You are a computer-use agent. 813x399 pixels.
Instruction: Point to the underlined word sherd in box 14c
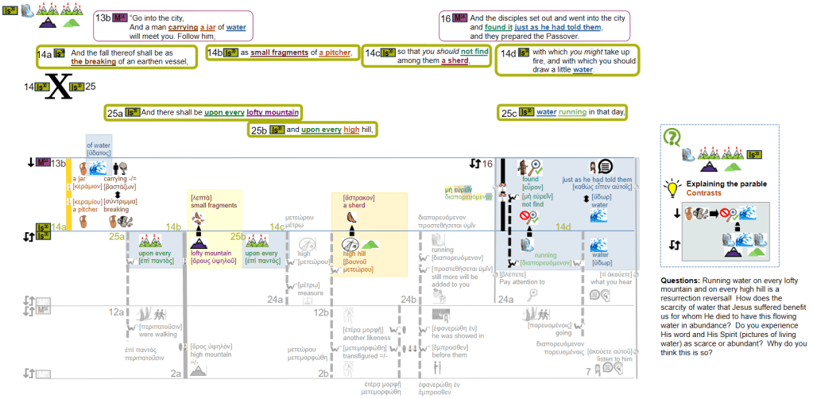point(454,60)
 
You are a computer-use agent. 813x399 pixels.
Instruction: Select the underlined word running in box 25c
point(573,113)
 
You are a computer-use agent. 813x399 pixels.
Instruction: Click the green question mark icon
point(672,137)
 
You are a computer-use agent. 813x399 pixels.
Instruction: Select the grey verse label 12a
point(115,313)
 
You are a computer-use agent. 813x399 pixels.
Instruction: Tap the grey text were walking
point(159,334)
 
